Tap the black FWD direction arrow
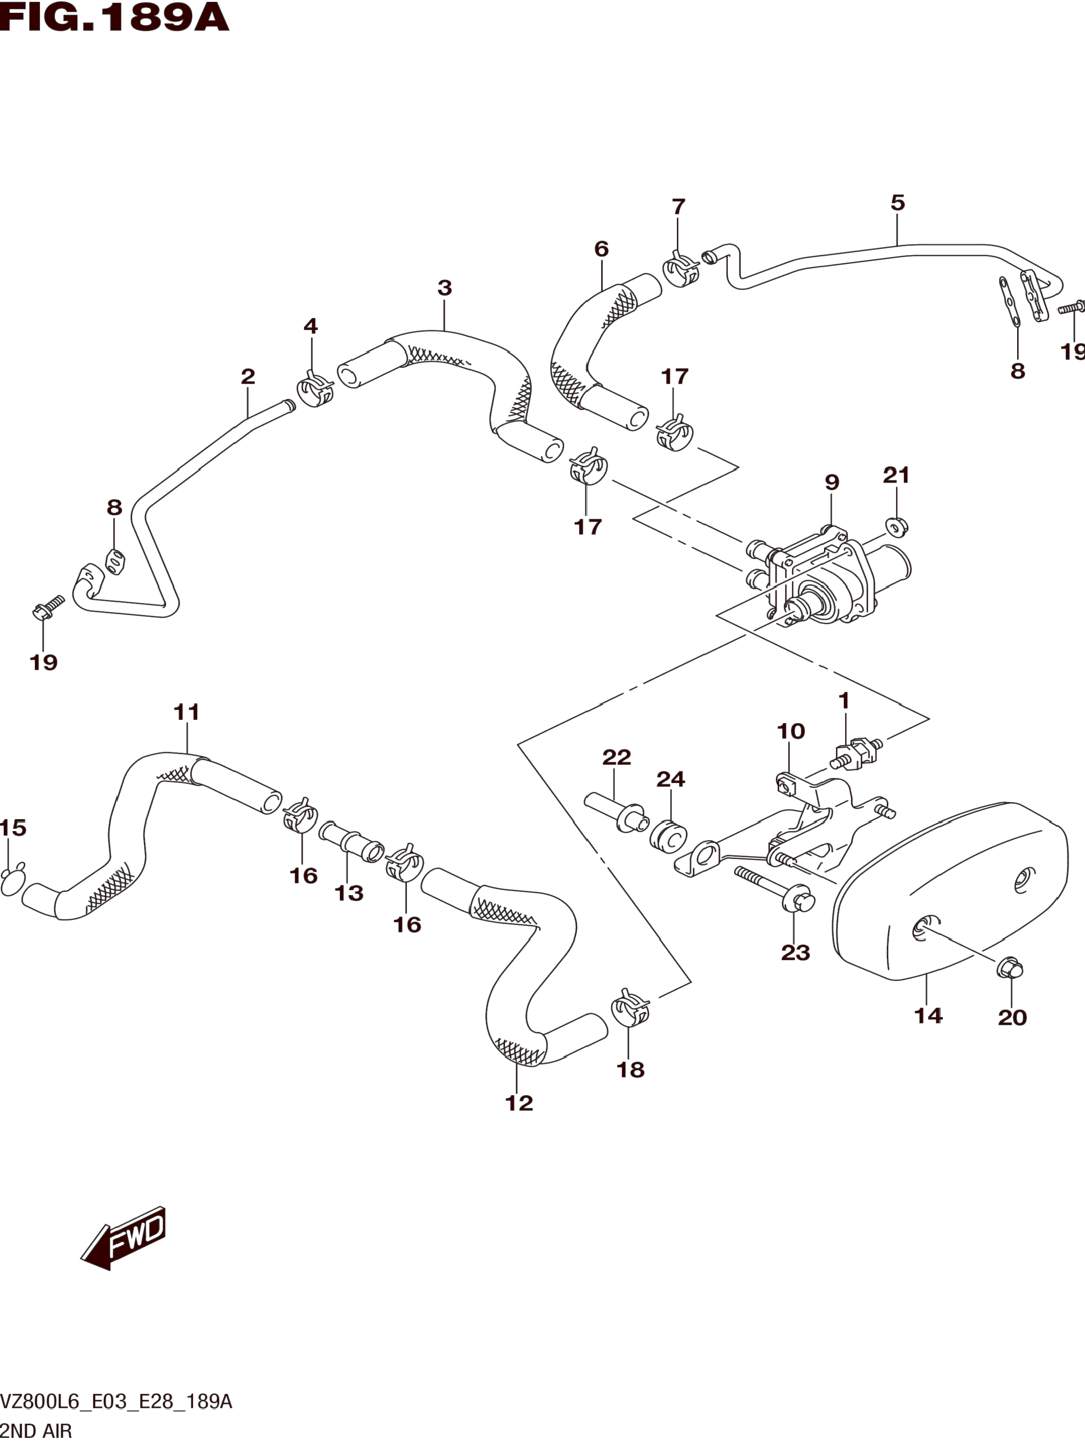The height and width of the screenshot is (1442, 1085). tap(123, 1238)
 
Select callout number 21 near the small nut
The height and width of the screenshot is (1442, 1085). tap(896, 475)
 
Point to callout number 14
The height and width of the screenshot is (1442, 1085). tap(928, 1016)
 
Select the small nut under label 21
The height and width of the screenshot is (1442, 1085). tap(897, 525)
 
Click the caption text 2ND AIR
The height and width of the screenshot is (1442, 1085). tap(36, 1430)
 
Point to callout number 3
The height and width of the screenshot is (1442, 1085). tap(445, 287)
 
